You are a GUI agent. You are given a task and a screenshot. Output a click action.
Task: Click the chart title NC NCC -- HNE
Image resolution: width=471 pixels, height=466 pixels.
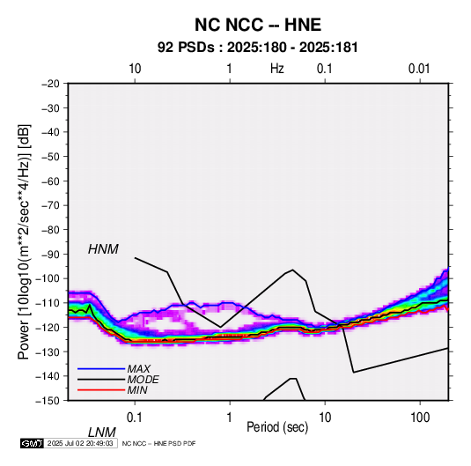(258, 25)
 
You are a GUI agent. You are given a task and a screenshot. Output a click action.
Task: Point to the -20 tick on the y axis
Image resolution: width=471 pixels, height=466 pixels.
(50, 84)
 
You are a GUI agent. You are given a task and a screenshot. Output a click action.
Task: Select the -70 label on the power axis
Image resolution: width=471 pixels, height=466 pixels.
(50, 205)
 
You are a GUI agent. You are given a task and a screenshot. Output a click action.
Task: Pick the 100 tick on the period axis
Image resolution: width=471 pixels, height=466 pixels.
(420, 418)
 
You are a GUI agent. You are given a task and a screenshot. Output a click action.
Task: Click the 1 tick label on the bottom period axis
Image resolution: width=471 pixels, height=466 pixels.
(230, 418)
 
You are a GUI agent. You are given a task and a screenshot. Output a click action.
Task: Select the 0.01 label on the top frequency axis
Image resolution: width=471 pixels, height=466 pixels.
(419, 69)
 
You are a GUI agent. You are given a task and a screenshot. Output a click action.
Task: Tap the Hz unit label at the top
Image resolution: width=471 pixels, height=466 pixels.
(277, 69)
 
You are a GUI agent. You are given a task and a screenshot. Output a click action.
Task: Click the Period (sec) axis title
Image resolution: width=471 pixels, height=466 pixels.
(277, 427)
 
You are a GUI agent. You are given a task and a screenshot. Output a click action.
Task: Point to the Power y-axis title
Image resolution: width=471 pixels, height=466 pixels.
(24, 241)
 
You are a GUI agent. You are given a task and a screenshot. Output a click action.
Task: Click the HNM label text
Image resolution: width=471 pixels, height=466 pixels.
(103, 249)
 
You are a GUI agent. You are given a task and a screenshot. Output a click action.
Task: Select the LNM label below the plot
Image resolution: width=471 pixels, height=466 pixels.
(102, 433)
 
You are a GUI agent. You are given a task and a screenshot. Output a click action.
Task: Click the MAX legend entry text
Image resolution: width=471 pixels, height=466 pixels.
(138, 369)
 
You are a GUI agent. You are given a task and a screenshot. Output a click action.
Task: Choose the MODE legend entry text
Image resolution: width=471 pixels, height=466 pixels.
(143, 380)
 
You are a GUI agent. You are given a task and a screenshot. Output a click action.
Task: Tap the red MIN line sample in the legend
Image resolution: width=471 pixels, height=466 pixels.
(101, 390)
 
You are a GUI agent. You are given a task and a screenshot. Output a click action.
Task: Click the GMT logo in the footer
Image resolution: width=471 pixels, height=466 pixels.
(33, 443)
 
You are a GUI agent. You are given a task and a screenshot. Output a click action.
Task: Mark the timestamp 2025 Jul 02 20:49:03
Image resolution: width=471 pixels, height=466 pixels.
(80, 443)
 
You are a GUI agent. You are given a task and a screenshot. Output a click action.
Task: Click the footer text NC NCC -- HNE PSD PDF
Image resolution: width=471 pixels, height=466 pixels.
(158, 443)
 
